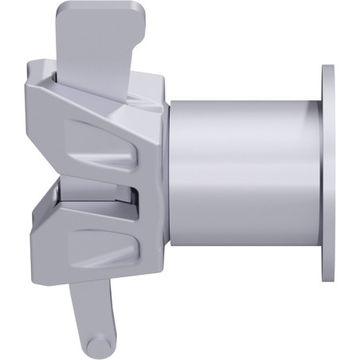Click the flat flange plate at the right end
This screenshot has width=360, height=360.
(329, 172)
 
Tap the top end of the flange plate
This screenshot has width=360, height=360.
(329, 68)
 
